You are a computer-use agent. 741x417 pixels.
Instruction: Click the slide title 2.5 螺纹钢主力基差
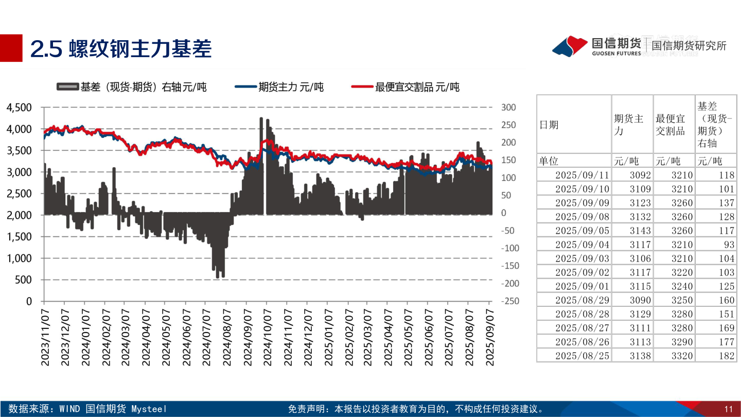[x=121, y=48]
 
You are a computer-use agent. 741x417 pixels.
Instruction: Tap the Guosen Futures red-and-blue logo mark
[x=570, y=46]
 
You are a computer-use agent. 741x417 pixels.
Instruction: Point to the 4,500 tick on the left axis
[x=19, y=108]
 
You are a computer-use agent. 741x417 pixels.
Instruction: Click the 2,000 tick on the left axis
[x=19, y=215]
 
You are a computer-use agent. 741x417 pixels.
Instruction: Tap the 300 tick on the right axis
[x=508, y=108]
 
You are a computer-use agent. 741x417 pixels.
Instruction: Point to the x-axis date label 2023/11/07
[x=45, y=337]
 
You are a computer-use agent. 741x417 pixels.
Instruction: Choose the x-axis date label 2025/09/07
[x=490, y=337]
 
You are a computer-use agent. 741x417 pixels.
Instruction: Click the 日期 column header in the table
[x=549, y=125]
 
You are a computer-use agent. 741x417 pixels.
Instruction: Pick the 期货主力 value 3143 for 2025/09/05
[x=640, y=231]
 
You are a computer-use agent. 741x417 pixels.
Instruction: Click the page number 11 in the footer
[x=728, y=409]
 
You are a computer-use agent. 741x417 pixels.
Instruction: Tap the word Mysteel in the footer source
[x=149, y=409]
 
